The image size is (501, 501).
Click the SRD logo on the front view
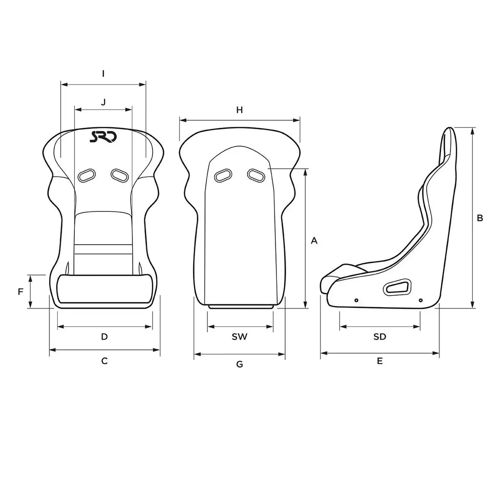point(103,137)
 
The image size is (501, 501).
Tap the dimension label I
point(103,74)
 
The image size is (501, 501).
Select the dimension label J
point(103,102)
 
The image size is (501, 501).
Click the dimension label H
point(240,110)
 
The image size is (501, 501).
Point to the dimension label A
point(314,241)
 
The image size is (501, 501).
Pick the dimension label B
point(479,218)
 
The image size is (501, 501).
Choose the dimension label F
point(21,292)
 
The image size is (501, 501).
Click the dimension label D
point(105,337)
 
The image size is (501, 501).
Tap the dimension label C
point(105,361)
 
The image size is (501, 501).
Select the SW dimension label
point(240,337)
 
